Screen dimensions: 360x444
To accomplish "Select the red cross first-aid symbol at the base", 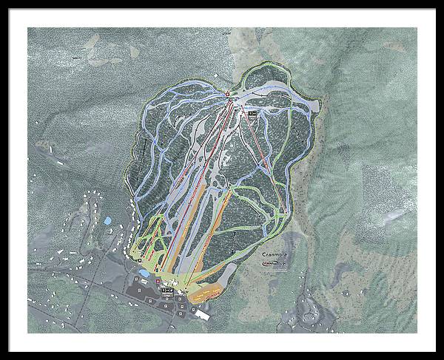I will click(x=157, y=282).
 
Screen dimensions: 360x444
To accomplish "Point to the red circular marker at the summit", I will click(x=227, y=93).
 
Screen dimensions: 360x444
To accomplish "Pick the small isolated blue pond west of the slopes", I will click(x=108, y=220).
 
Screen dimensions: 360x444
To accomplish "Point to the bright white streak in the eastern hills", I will click(x=396, y=215).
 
